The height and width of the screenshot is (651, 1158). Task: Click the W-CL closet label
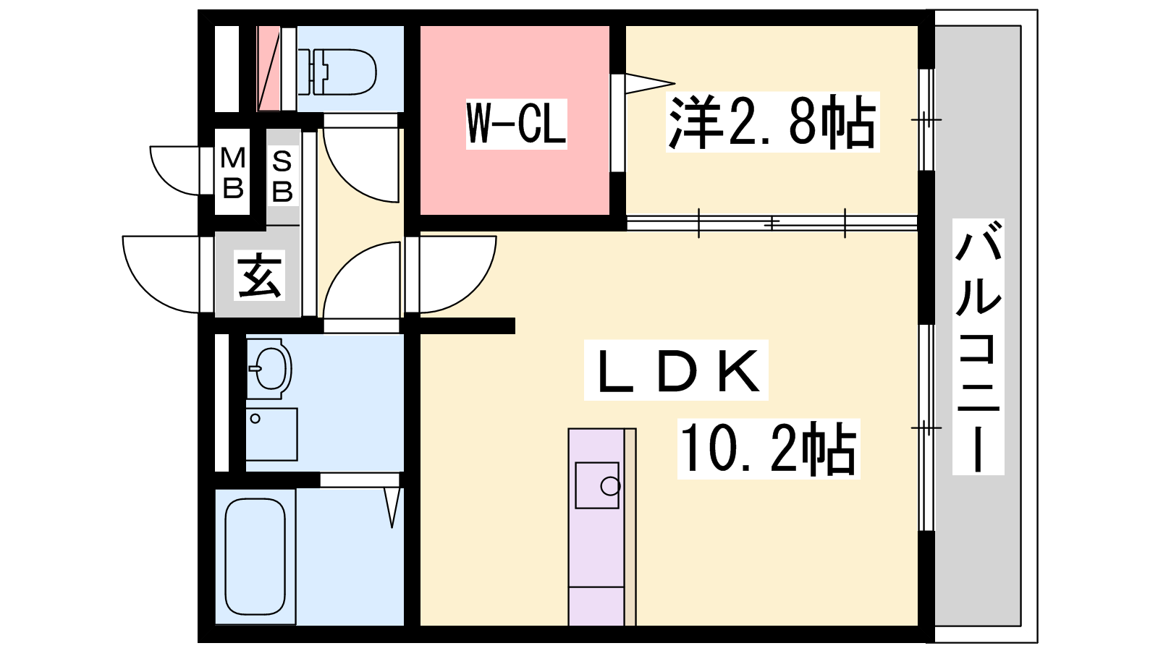(515, 124)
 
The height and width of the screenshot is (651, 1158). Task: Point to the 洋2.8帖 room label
(772, 122)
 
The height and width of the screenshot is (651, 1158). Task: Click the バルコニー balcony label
(978, 346)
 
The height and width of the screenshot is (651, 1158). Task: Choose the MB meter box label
(232, 172)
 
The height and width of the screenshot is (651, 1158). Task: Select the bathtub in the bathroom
(255, 556)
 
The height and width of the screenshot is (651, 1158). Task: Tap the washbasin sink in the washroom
(269, 369)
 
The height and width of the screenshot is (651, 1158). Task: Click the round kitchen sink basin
(610, 486)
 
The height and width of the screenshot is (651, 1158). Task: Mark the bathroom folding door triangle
(392, 506)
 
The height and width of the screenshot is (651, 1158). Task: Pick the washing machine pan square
(271, 434)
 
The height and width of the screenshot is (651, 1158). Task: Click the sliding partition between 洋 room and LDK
(772, 223)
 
